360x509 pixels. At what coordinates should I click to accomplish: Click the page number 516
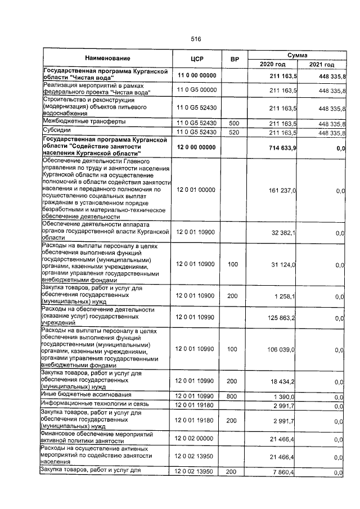196,39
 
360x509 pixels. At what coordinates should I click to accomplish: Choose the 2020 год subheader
273,65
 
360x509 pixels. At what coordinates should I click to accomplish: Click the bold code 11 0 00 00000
196,75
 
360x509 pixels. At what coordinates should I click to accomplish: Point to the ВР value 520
235,132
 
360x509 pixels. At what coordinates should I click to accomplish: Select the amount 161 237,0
284,191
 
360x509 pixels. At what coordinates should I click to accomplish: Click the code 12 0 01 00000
196,191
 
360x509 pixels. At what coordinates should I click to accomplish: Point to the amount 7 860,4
286,472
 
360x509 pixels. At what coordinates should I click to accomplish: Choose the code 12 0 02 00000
196,437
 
